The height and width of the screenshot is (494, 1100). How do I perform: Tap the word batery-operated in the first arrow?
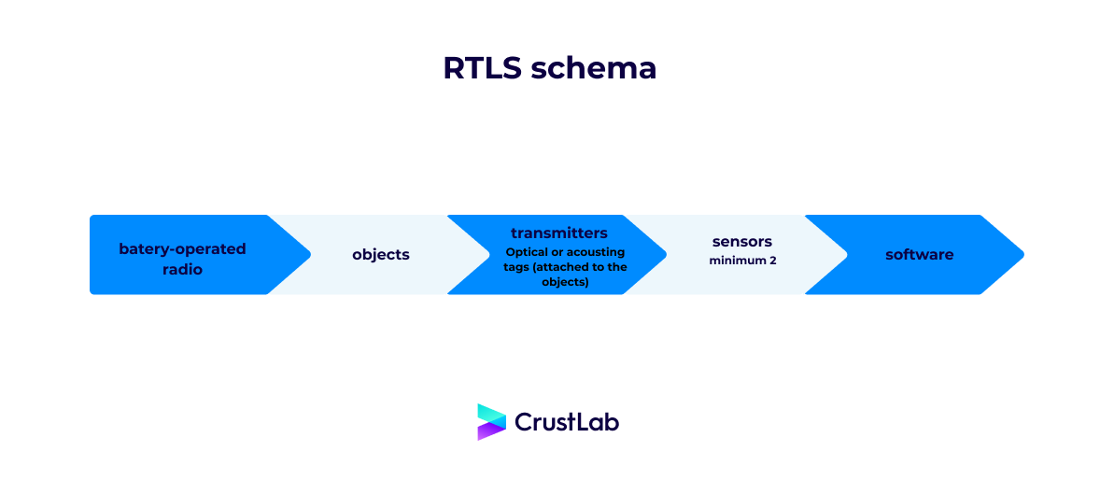point(182,248)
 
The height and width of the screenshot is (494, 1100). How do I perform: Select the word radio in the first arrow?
point(182,269)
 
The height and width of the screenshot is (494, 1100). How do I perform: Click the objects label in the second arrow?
point(381,254)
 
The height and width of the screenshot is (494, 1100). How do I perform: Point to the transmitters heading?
point(559,233)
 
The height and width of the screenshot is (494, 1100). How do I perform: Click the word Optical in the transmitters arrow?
point(528,252)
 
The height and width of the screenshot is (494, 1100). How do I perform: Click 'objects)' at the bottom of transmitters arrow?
point(565,281)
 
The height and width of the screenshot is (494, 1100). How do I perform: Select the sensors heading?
point(742,242)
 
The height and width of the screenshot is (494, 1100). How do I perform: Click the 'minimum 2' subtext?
point(742,261)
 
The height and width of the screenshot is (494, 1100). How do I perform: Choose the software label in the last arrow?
point(920,254)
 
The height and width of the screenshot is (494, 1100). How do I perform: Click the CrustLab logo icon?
point(491,422)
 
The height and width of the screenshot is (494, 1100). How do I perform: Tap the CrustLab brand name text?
point(567,422)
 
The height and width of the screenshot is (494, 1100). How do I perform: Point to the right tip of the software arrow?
point(1022,255)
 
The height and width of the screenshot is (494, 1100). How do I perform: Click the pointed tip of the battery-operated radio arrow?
point(307,255)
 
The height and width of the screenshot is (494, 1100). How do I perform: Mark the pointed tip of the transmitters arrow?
point(664,255)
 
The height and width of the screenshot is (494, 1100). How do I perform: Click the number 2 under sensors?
point(772,261)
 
